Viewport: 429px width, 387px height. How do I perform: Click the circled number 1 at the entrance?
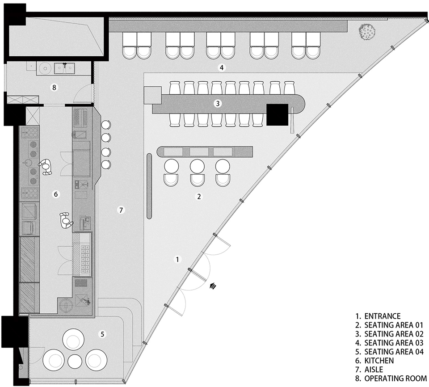177,259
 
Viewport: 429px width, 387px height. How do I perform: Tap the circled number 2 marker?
199,196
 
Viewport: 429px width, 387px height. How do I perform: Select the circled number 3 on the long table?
218,104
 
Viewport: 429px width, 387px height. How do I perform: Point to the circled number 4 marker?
222,67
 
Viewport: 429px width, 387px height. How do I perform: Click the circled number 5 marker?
102,334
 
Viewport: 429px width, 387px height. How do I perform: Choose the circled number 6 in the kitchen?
56,194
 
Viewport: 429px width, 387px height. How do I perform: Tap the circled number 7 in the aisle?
121,210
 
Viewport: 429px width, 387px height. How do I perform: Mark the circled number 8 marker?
54,87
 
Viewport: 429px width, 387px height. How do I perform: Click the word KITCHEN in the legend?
379,361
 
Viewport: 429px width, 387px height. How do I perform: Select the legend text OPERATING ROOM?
395,378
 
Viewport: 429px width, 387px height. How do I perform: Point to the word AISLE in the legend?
374,370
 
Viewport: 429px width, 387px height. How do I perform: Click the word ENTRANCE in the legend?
382,316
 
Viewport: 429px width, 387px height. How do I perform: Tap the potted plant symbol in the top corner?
367,32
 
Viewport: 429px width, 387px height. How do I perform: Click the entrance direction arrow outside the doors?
213,286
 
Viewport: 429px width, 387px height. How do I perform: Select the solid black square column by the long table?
278,115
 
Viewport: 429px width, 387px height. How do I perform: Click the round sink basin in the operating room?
44,68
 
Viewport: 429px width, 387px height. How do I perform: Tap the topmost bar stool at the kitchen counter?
106,125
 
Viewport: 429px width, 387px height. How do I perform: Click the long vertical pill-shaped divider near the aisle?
149,186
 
